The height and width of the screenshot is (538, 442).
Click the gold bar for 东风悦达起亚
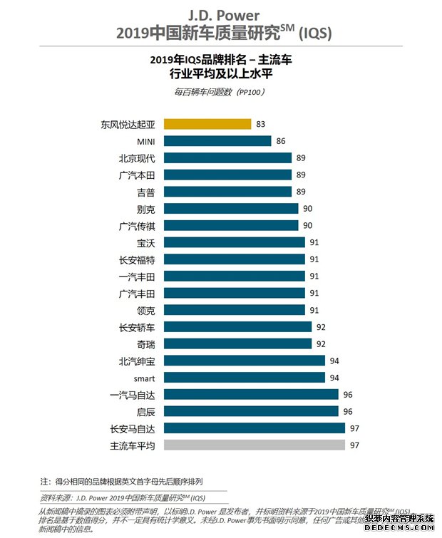[x=207, y=124]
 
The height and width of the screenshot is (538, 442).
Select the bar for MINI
[x=217, y=141]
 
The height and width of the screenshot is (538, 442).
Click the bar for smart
[x=245, y=378]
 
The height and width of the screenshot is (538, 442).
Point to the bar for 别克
[x=231, y=209]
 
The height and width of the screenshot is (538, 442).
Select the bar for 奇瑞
[x=237, y=344]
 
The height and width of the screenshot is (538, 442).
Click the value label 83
[x=260, y=124]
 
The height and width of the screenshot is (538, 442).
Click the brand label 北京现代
[x=137, y=158]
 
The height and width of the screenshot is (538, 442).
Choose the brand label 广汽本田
[x=137, y=175]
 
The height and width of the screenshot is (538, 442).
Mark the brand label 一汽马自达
[x=133, y=395]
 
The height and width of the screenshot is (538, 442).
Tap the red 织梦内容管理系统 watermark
[x=399, y=519]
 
